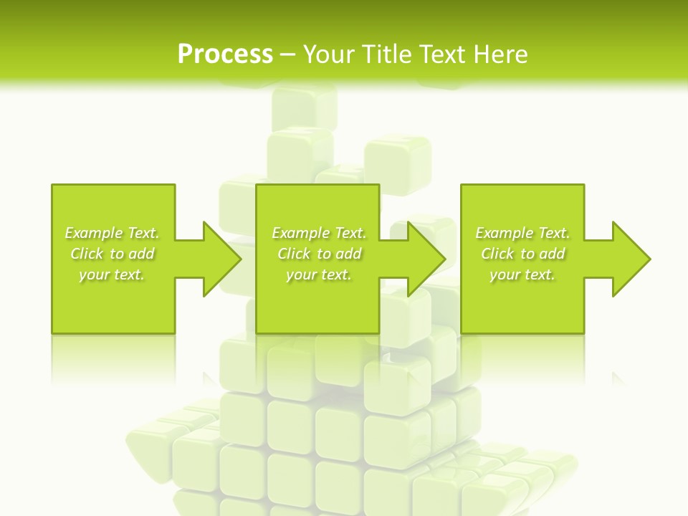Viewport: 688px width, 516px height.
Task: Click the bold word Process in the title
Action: tap(225, 54)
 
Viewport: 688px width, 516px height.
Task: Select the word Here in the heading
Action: tap(500, 54)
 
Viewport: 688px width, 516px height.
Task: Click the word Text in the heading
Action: tap(443, 54)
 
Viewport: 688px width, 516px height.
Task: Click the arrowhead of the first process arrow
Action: tap(222, 259)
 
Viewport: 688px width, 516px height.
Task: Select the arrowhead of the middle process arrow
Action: tap(426, 259)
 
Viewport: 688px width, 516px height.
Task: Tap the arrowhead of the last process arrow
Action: tap(631, 259)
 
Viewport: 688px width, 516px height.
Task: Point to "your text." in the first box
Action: tap(112, 274)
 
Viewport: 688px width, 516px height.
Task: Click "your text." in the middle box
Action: tap(319, 274)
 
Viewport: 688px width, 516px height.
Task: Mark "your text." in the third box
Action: tap(522, 274)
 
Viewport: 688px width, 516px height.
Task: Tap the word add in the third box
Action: tap(553, 254)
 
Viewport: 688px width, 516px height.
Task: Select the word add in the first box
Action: tap(142, 254)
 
